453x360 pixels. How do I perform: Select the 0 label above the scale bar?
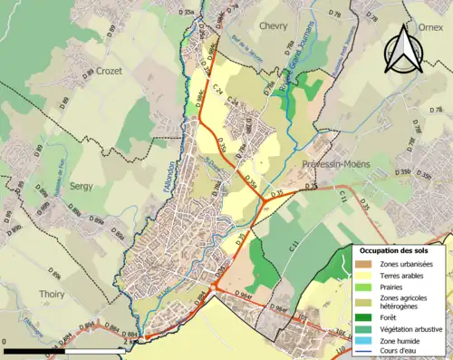[5, 343]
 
